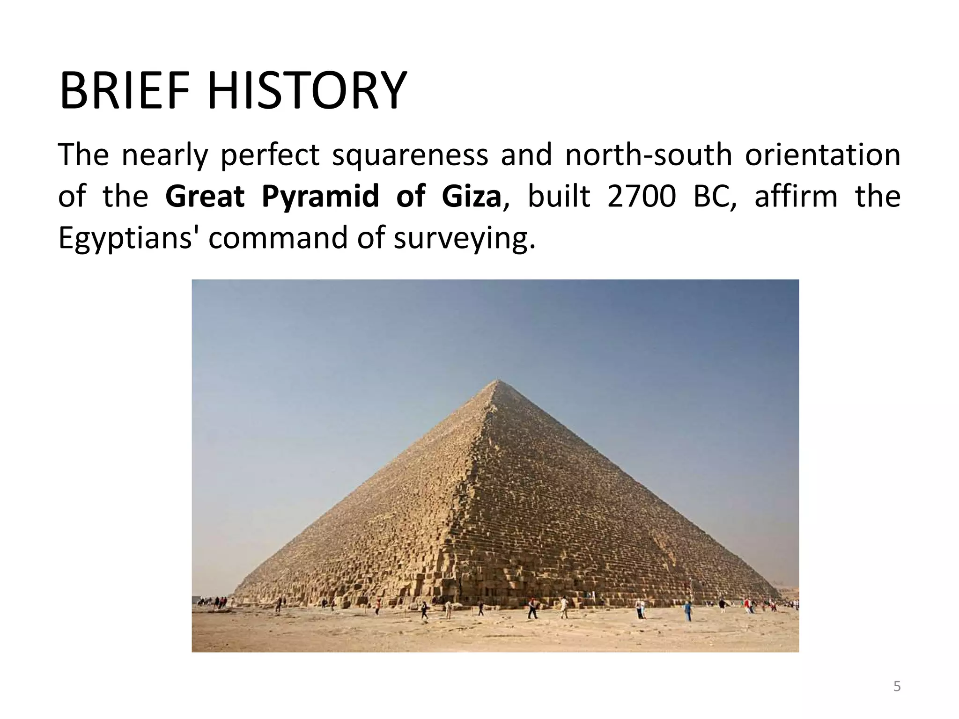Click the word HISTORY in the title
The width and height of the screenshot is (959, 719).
307,91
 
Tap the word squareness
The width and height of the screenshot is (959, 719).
410,155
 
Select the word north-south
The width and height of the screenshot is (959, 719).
648,155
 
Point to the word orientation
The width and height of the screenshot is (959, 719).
822,155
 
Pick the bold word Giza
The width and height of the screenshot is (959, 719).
471,197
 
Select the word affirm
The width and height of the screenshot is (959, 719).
796,197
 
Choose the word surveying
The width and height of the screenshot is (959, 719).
464,238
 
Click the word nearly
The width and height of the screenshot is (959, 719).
164,155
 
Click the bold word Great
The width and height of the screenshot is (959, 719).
205,197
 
